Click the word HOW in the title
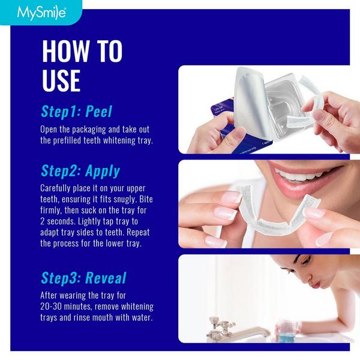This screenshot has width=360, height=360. point(65,52)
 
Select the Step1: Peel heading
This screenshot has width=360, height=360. point(76,112)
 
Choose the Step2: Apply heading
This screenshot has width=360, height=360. point(80,170)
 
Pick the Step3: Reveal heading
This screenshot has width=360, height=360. point(83,278)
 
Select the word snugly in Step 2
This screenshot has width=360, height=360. point(136,199)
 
